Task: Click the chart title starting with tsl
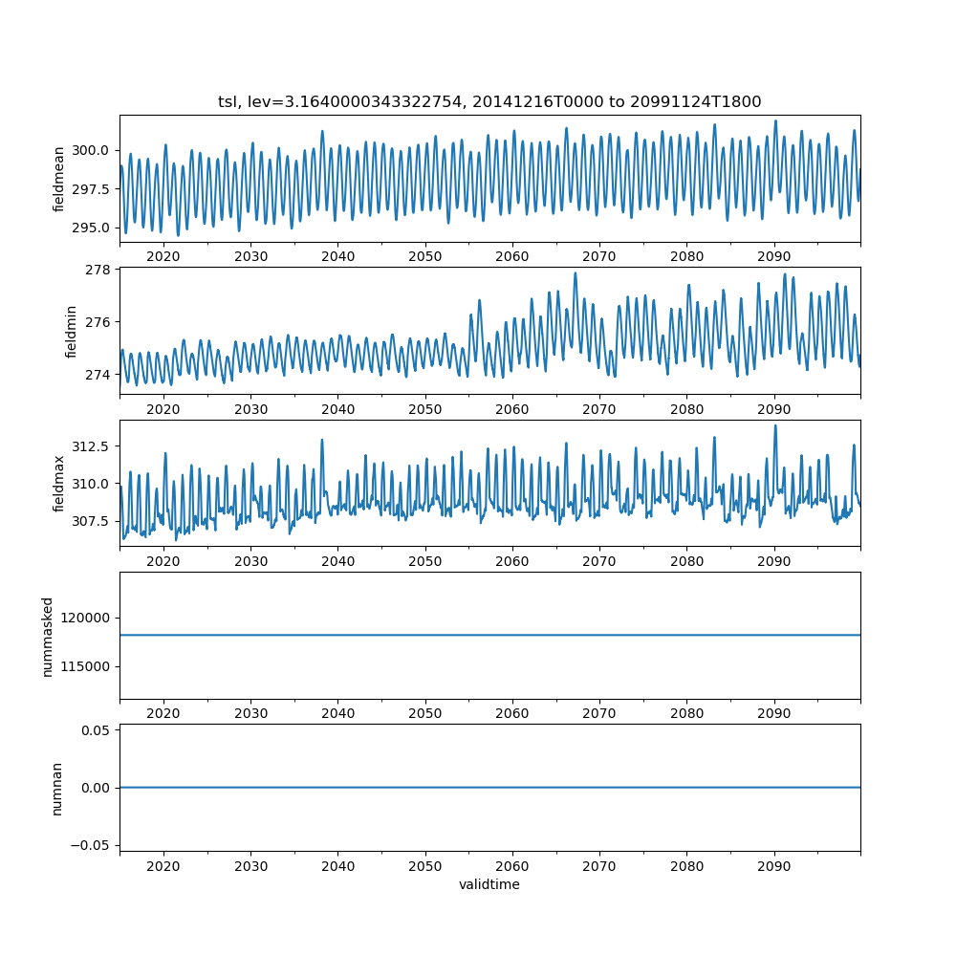click(489, 101)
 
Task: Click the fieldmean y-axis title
click(58, 180)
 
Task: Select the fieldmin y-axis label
click(71, 332)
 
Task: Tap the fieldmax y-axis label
click(58, 484)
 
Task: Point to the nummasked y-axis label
click(48, 637)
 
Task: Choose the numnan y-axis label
click(56, 789)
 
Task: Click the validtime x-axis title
click(489, 884)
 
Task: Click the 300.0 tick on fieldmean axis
click(90, 151)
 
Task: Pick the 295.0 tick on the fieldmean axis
click(90, 228)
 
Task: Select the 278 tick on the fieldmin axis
click(98, 270)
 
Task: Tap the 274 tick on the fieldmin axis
click(98, 375)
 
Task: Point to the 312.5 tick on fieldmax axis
click(90, 446)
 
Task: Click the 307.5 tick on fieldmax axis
click(90, 521)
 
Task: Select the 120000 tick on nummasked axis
click(85, 619)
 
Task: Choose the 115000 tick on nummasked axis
click(85, 667)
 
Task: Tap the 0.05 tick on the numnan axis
click(96, 730)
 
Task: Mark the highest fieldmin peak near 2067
click(575, 273)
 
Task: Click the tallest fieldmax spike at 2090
click(775, 425)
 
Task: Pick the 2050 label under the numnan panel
click(425, 866)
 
